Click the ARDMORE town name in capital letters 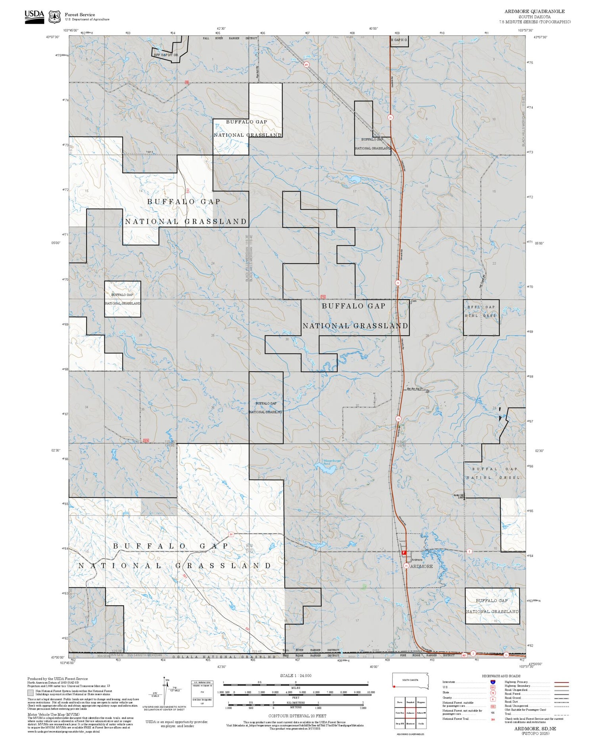click(421, 566)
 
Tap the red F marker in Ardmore click(404, 553)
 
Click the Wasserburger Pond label click(332, 462)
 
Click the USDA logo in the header click(35, 17)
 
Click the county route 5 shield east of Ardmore click(469, 551)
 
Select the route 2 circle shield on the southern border click(473, 653)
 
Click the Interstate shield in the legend click(493, 682)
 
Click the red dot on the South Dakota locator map click(394, 687)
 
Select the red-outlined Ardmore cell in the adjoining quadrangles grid click(411, 713)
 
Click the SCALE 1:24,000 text click(296, 676)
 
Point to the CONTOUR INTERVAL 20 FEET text click(297, 716)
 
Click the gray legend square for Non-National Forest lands click(31, 693)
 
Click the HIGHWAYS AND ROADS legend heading click(501, 676)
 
